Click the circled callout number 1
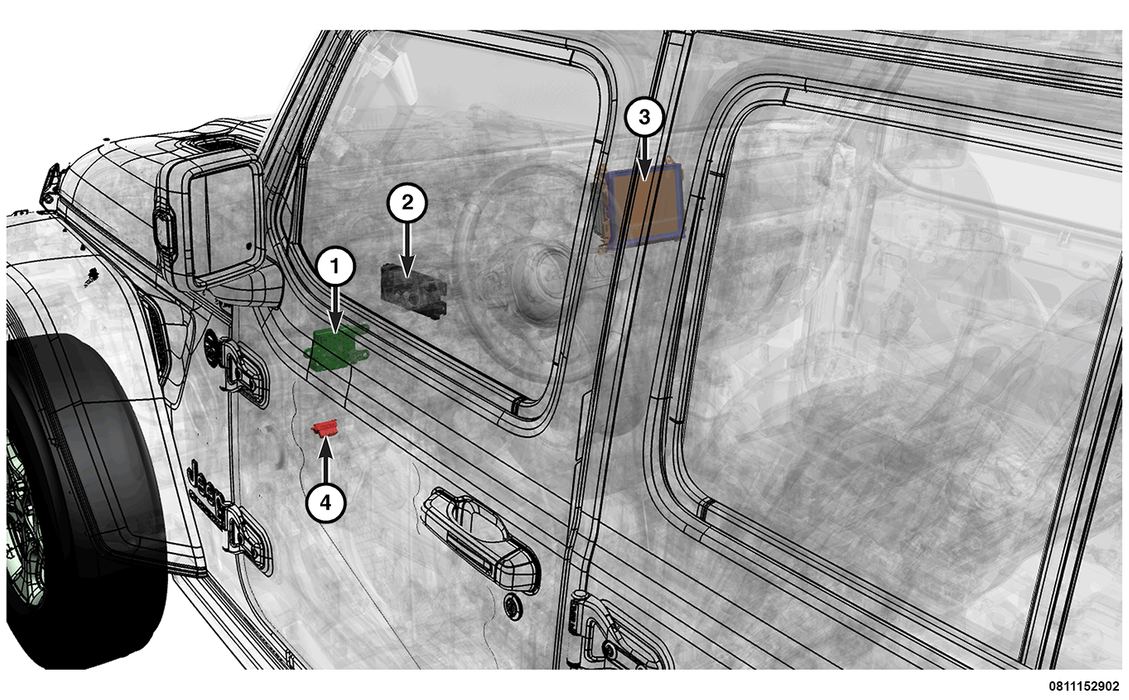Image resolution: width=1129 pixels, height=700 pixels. (336, 266)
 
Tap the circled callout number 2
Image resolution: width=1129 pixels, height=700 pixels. (406, 202)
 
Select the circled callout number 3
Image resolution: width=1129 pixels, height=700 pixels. (644, 117)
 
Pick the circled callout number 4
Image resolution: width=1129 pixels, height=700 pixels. (325, 502)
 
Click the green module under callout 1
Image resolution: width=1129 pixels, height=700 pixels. (336, 348)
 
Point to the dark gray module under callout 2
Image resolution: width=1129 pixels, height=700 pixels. (413, 291)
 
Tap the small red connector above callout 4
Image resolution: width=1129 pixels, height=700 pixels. (325, 429)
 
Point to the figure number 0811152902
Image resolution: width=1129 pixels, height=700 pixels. (1084, 686)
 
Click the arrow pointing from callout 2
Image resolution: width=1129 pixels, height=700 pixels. (407, 250)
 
